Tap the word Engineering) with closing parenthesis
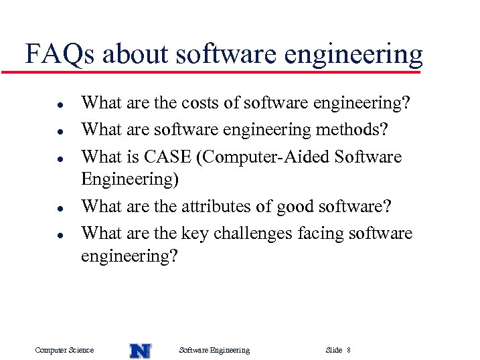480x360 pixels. coord(127,180)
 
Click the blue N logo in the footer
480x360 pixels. coord(140,350)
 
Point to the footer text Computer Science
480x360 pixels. coord(64,350)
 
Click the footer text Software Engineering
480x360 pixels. coord(215,350)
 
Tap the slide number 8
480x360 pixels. coord(349,350)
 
